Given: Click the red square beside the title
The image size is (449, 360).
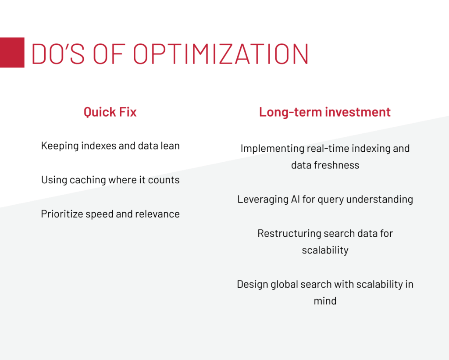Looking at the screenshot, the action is click(12, 53).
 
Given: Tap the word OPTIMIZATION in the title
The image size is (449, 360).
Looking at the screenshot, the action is click(221, 54).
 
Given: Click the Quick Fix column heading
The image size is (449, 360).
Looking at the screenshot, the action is click(110, 112).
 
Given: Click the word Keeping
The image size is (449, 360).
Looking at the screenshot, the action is click(60, 146).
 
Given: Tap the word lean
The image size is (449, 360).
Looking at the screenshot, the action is click(170, 146).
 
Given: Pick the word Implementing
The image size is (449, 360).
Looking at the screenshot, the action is click(272, 149).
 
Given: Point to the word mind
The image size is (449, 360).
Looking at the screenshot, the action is click(325, 301).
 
